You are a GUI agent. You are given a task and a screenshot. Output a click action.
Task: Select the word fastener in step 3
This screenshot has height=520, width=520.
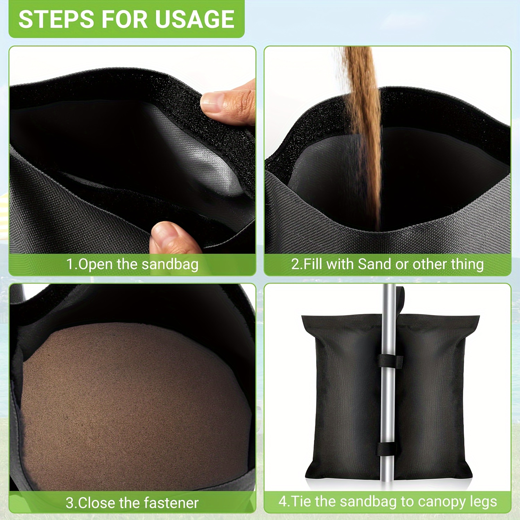[x=171, y=503]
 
